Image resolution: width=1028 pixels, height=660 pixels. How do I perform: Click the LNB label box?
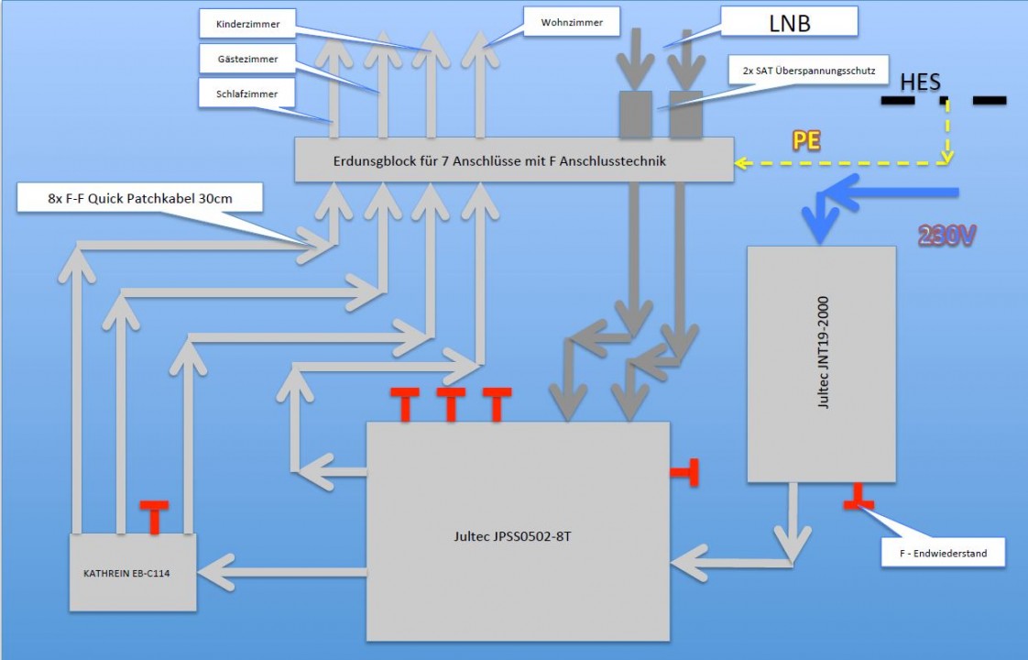click(x=789, y=23)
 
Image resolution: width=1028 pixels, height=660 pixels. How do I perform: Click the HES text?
click(x=920, y=82)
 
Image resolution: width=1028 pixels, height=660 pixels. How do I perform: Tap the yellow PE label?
click(x=806, y=141)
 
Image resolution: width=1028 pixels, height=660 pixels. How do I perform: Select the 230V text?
click(x=947, y=236)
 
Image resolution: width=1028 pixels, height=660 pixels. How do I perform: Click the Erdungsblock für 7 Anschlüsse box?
click(x=513, y=159)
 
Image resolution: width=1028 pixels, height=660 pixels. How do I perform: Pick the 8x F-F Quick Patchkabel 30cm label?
click(x=140, y=198)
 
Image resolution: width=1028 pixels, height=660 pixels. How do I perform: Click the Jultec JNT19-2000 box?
click(x=821, y=363)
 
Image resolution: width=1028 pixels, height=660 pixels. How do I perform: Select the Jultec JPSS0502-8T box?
click(x=518, y=536)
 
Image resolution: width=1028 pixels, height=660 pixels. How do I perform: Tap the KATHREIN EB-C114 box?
click(x=133, y=573)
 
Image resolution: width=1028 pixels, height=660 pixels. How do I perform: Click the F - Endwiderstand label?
click(x=941, y=553)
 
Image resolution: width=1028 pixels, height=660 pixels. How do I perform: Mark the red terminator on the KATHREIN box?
click(x=154, y=515)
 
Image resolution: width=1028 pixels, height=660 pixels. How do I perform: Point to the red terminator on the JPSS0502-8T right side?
click(x=686, y=472)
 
